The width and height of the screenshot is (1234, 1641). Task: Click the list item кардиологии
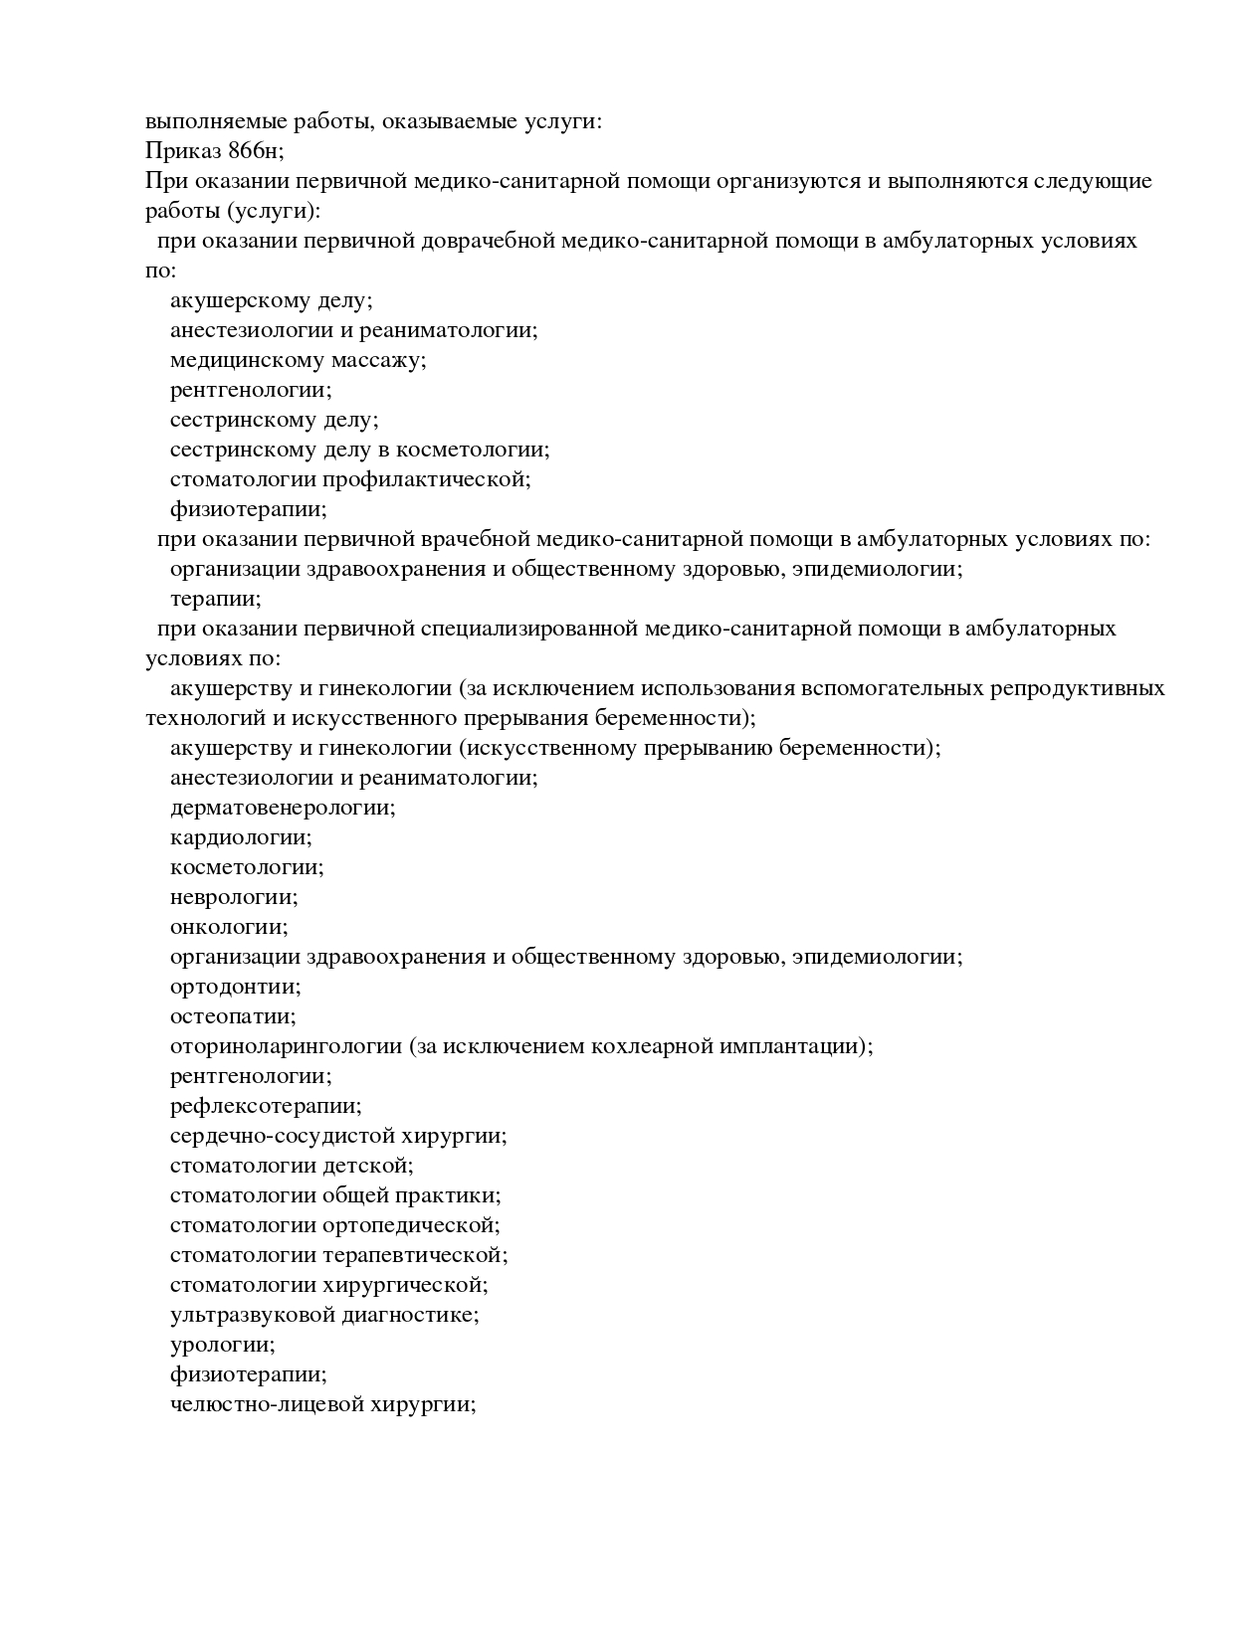point(241,837)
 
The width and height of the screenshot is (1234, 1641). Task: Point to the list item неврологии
point(234,897)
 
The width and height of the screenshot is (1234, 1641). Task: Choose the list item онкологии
point(229,927)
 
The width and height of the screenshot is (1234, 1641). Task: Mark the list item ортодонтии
point(236,987)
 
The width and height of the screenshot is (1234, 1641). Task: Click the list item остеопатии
point(233,1016)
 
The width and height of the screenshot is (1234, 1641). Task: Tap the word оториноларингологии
point(286,1046)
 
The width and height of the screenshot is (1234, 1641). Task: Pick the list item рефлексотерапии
point(266,1106)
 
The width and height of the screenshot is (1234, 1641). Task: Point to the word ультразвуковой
point(253,1315)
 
